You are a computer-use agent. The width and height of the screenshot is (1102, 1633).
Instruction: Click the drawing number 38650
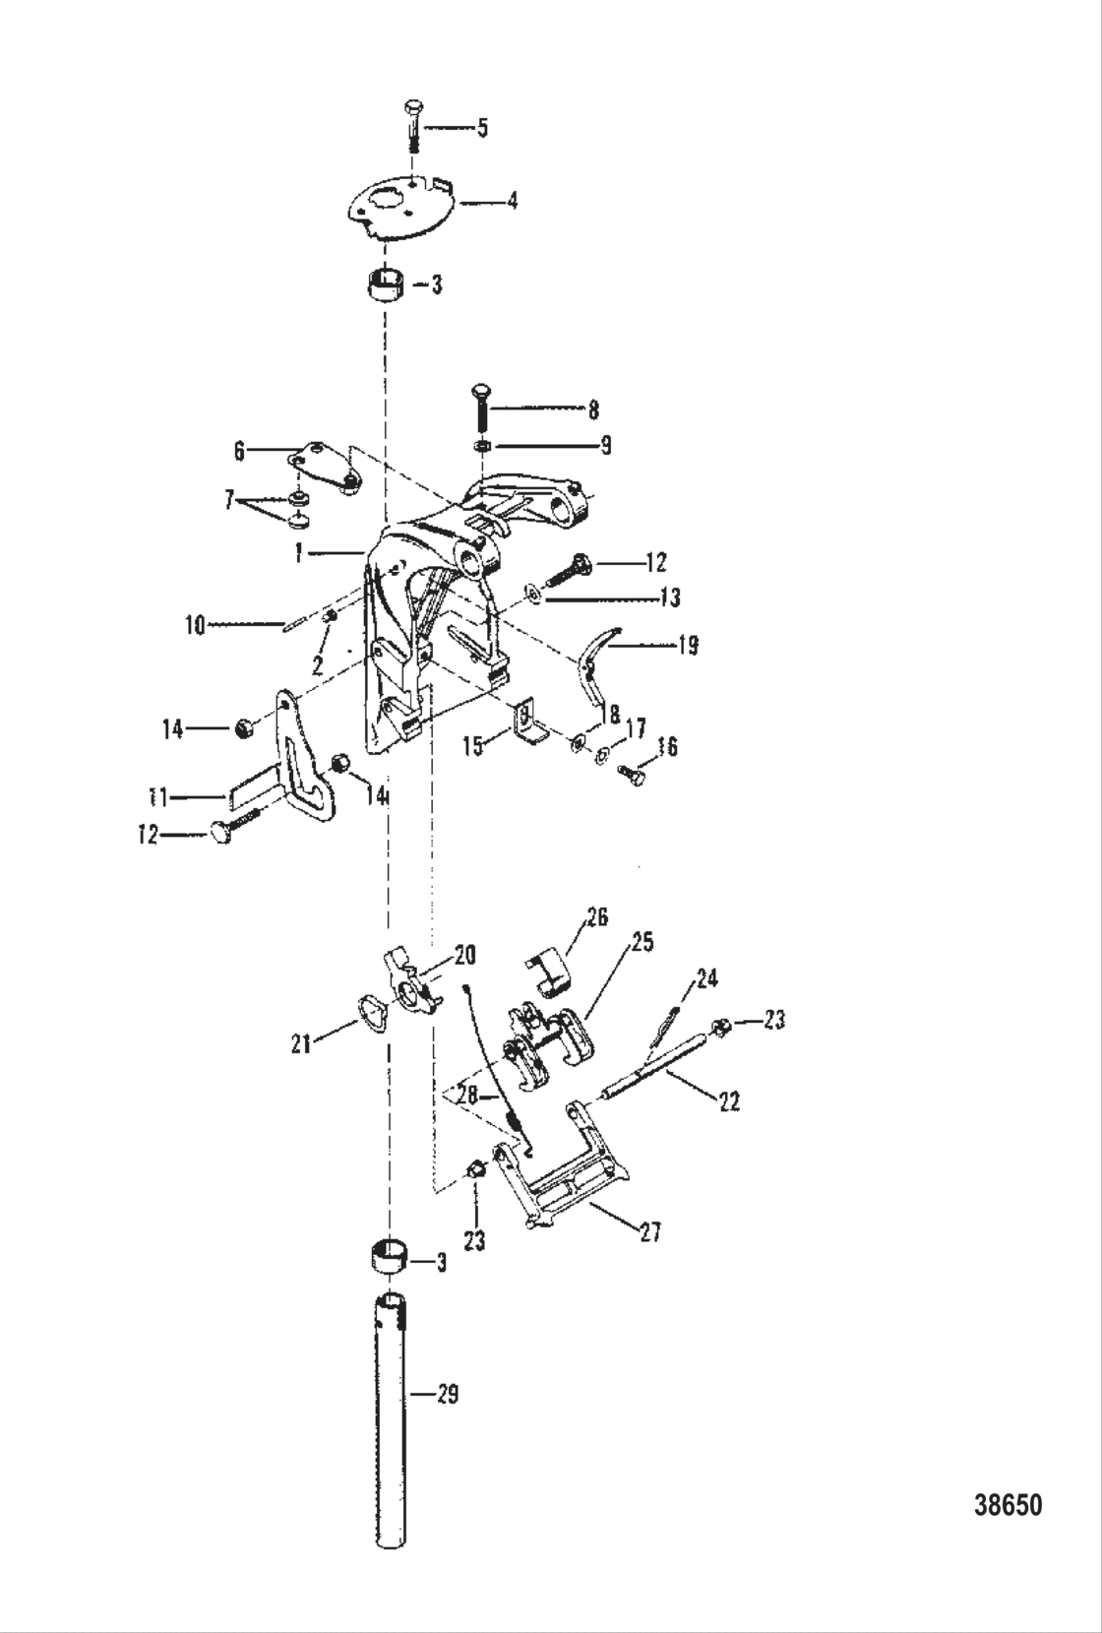pos(1008,1505)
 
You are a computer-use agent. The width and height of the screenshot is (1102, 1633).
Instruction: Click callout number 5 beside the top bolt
pos(482,128)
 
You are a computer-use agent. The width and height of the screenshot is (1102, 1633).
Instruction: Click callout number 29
pos(447,1395)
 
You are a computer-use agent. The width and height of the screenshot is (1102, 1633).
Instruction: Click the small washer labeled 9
pos(483,447)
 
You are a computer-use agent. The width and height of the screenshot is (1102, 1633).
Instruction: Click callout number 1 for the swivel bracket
pos(297,554)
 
